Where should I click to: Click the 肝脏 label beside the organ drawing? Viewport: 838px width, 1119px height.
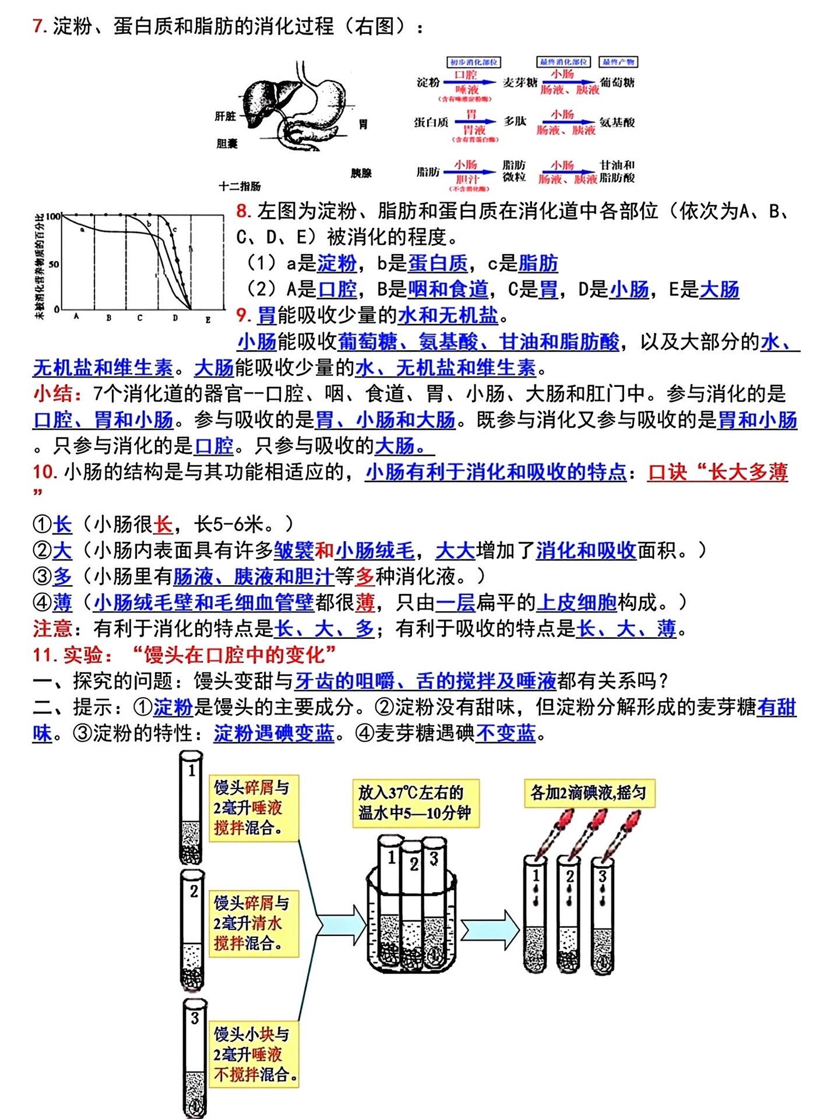coord(225,117)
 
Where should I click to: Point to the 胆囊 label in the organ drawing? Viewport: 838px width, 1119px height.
coord(227,143)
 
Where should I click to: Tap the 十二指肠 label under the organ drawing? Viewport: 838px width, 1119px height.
coord(240,186)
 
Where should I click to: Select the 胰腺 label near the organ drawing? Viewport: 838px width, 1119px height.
coord(361,173)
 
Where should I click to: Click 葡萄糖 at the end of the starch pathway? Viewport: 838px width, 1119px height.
coord(617,83)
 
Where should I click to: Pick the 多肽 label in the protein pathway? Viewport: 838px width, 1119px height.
coord(515,121)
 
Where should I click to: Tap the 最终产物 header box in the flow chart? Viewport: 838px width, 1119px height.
coord(618,62)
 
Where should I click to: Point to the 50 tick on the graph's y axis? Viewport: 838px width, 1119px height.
coord(54,264)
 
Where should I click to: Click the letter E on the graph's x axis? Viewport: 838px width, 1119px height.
coord(208,319)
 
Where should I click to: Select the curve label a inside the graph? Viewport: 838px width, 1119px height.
coord(82,230)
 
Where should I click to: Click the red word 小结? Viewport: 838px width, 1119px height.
coord(58,394)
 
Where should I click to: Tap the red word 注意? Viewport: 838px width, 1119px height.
coord(52,629)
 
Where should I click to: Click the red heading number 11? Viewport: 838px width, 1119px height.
coord(44,655)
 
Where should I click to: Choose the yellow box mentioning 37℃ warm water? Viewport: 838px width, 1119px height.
coord(415,803)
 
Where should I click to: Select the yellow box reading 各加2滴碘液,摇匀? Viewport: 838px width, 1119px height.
coord(588,793)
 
